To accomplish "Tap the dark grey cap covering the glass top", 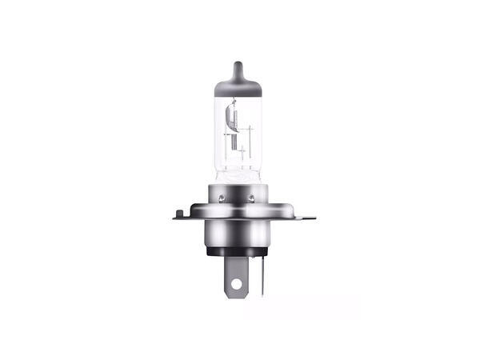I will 238,86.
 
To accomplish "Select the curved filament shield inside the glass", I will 231,120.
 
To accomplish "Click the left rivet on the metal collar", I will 220,194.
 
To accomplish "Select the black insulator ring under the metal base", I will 237,252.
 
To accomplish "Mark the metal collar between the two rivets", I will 236,194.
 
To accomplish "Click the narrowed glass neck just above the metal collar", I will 238,176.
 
